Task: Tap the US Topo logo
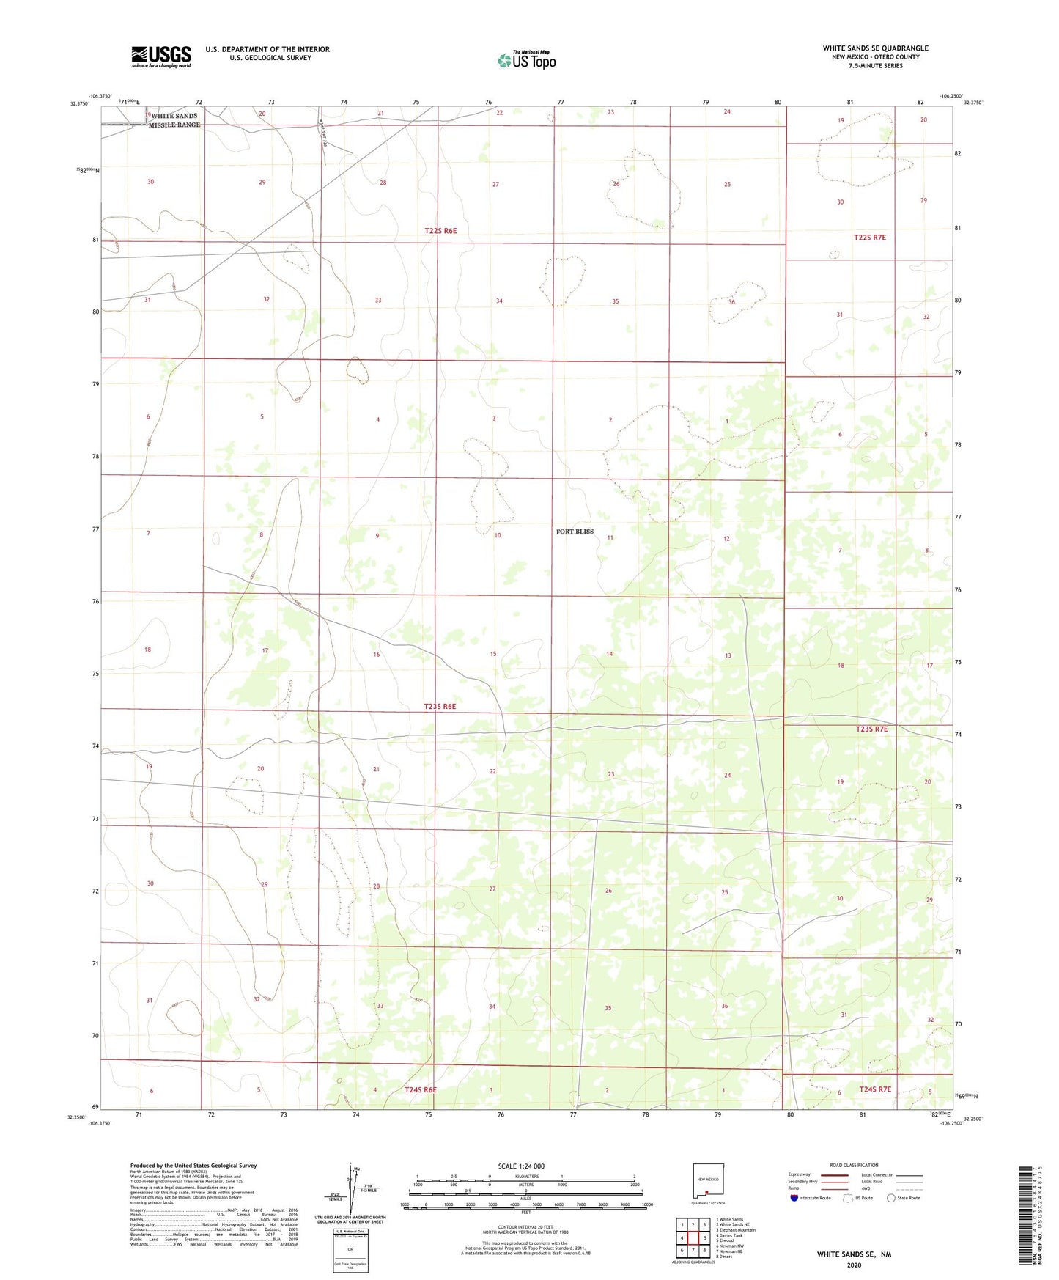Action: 526,60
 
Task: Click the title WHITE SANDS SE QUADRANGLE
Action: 875,48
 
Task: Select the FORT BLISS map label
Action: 575,531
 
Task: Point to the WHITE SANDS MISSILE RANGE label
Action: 174,120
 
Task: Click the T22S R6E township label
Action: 440,231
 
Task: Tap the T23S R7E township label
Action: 871,729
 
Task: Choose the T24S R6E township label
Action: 420,1089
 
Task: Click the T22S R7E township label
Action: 870,238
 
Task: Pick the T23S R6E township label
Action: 440,707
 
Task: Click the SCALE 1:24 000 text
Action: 521,1166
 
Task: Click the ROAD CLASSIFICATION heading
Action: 854,1165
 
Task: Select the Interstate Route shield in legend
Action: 794,1198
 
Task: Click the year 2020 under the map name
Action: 853,1265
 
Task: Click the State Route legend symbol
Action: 890,1198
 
